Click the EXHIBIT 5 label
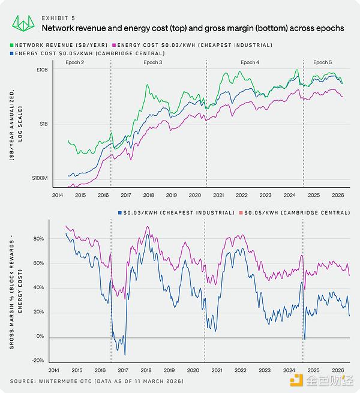58,18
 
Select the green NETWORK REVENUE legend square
13,45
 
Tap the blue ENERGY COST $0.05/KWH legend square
13,53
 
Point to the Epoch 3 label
152,62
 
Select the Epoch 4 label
250,62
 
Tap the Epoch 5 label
322,62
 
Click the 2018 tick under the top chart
149,196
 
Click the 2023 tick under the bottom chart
265,370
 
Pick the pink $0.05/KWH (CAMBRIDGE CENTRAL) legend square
241,212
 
